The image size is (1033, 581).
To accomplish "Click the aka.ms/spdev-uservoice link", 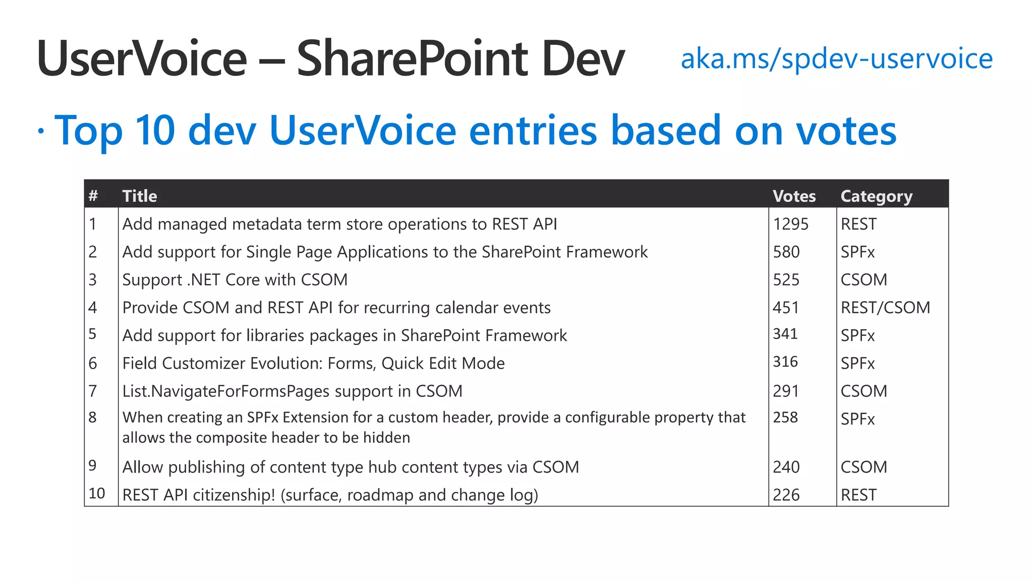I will (836, 59).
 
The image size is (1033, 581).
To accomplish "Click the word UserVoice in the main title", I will (142, 59).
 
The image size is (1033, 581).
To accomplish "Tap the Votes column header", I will (794, 196).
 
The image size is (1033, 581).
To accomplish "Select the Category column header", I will (876, 196).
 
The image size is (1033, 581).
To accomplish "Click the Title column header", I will (140, 196).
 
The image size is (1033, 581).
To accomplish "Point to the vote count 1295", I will (790, 224).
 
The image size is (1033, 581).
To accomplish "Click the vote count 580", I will (786, 252).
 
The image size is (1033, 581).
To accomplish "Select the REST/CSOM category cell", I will (885, 308).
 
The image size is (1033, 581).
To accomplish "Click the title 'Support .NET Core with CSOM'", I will (235, 280).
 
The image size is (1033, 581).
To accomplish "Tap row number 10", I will (96, 493).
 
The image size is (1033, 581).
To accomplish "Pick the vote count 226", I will (786, 495).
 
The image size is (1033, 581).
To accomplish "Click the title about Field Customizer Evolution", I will (313, 364).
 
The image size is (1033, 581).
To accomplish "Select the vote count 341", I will (785, 334).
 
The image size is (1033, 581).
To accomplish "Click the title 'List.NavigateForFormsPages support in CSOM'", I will (292, 391).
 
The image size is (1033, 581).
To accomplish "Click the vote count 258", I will (785, 418).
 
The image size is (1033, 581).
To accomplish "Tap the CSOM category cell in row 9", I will (864, 467).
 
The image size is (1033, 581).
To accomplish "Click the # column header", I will (93, 196).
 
